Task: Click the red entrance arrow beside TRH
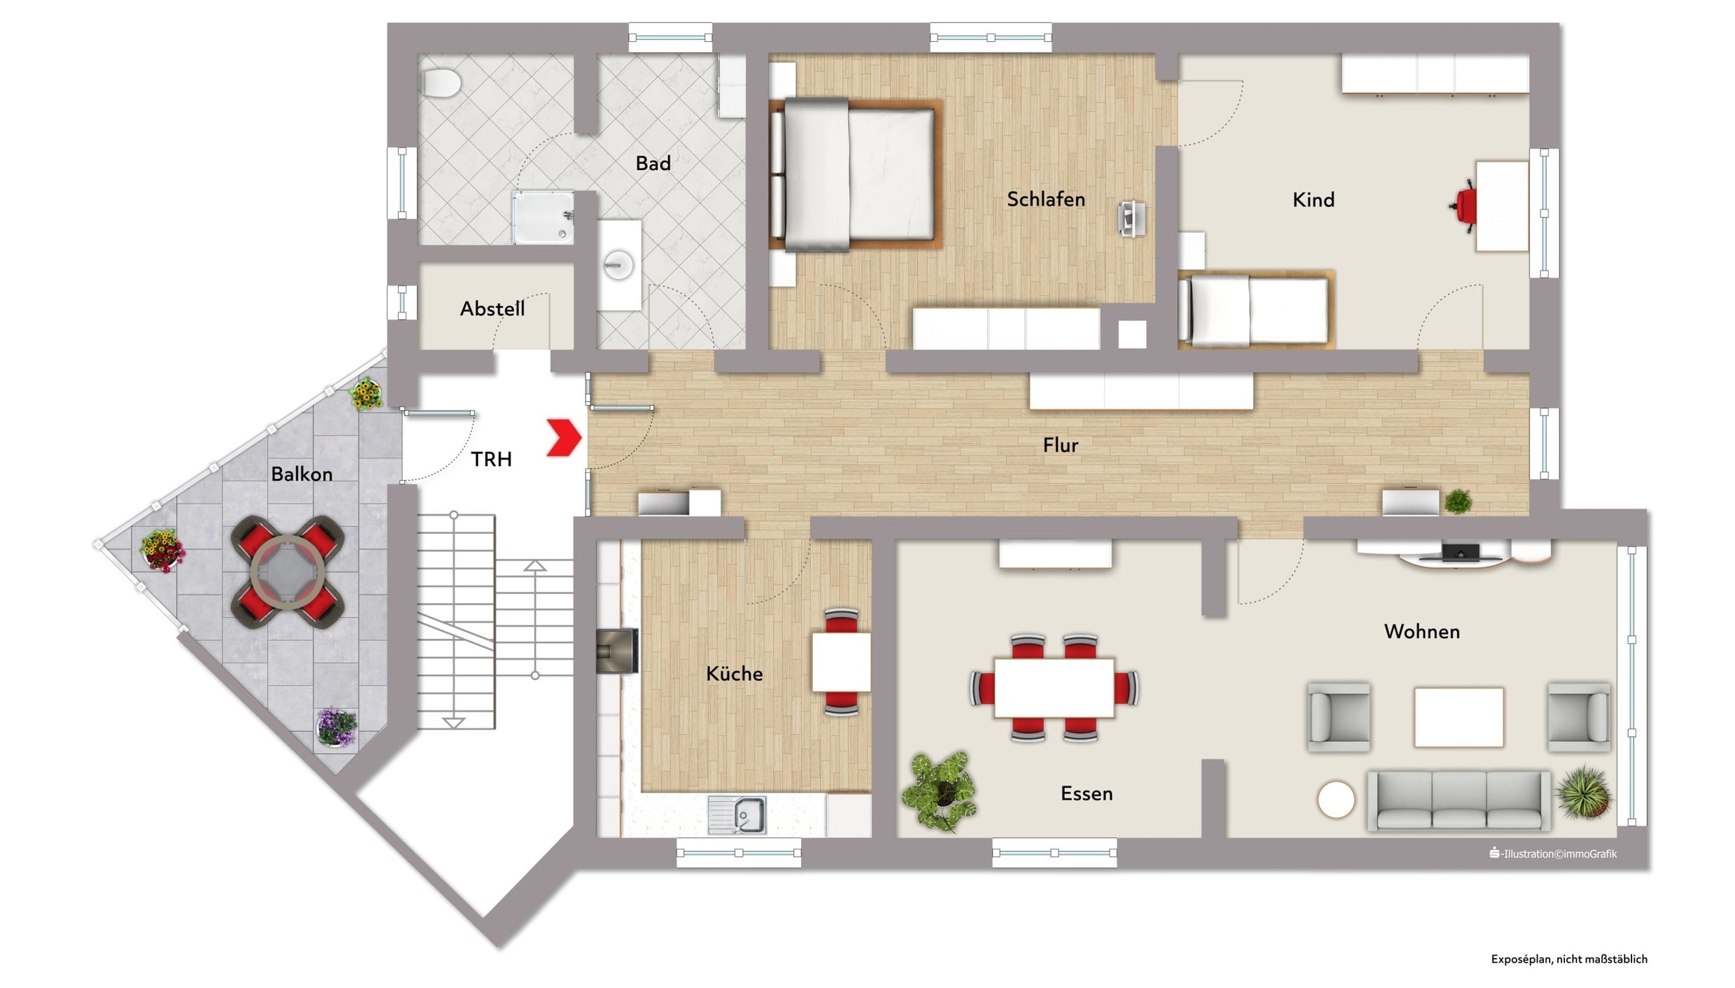click(x=564, y=438)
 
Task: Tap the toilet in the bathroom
click(x=440, y=83)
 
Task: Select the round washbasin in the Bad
click(x=619, y=265)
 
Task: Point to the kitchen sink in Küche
click(x=737, y=815)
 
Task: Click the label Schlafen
click(x=1046, y=199)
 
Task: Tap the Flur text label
click(x=1061, y=445)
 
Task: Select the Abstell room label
click(x=493, y=309)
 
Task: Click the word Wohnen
click(x=1422, y=632)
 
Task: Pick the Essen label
click(x=1086, y=793)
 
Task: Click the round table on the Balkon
click(x=288, y=572)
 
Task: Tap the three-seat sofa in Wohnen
click(x=1459, y=800)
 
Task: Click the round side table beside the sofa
click(x=1336, y=800)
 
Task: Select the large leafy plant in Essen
click(x=940, y=791)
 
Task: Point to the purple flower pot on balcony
click(x=337, y=727)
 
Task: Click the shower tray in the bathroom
click(x=544, y=218)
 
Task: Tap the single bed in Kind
click(x=1256, y=309)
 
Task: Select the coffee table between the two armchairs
click(x=1459, y=717)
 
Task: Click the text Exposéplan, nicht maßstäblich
click(x=1569, y=959)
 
